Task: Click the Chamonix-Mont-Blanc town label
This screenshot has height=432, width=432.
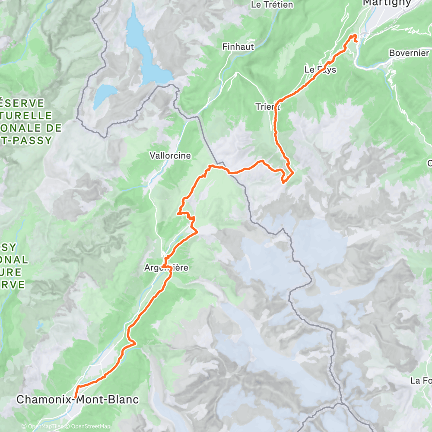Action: pos(78,400)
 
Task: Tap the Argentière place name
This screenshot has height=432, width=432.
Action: pos(166,268)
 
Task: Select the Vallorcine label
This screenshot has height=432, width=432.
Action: pos(170,156)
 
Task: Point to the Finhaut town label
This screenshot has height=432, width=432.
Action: pos(238,46)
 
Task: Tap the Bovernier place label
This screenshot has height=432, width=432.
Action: pos(408,53)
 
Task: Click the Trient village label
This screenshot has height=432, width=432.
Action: pos(268,106)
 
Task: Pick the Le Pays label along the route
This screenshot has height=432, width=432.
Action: pos(320,70)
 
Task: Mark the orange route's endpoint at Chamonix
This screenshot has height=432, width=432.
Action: pos(75,397)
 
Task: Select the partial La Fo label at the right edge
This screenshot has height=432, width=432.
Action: pos(421,381)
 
